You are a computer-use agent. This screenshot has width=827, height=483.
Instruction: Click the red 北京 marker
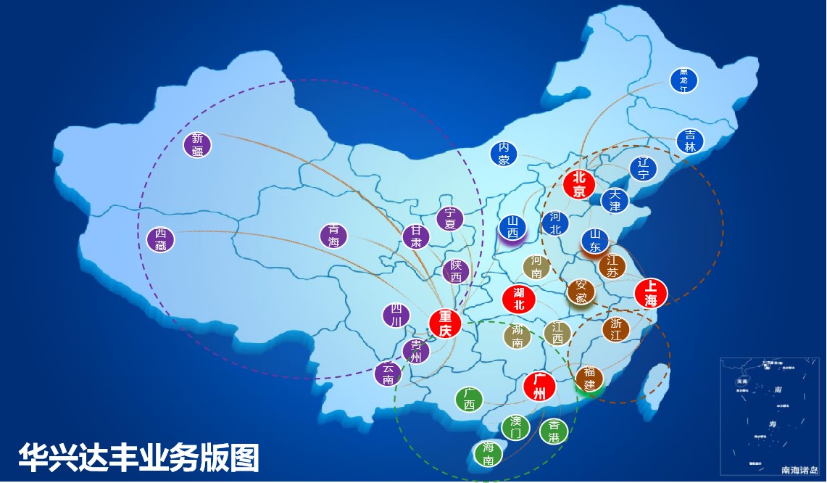pos(578,184)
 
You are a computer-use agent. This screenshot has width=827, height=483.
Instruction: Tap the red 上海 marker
pos(650,293)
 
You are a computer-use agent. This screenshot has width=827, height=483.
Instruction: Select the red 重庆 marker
pos(445,323)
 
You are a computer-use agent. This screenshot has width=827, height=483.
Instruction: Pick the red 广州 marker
pos(539,386)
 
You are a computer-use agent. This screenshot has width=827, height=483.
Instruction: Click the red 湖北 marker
pos(519,299)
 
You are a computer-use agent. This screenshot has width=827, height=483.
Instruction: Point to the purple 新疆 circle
pos(197,145)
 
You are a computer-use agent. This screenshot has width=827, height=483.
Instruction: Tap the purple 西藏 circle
pos(161,239)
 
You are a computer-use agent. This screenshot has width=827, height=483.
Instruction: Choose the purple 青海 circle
pos(333,236)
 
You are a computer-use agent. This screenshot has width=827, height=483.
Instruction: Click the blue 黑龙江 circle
pos(683,80)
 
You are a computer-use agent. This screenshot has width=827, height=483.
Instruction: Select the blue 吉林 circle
pos(690,141)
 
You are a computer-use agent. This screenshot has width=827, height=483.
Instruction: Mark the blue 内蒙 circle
pos(504,154)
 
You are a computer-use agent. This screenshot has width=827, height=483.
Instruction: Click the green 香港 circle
pos(554,432)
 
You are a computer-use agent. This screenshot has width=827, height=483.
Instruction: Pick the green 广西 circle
pos(469,399)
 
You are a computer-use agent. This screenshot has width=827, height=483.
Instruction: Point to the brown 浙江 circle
pos(616,329)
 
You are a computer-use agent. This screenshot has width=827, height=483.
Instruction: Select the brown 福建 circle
pos(589,379)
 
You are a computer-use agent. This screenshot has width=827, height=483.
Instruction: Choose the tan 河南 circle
pos(536,267)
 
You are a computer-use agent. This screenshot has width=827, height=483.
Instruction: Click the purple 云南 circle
pos(388,373)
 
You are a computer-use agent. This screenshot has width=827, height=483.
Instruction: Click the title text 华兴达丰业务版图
pos(138,458)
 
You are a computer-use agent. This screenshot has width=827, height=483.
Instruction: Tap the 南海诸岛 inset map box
pos(771,416)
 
